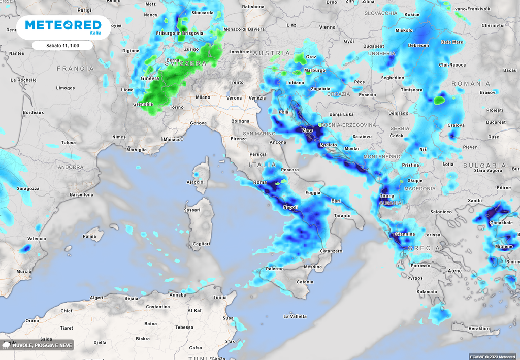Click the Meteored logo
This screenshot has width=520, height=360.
point(62,26)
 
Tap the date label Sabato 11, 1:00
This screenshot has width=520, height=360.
point(62,46)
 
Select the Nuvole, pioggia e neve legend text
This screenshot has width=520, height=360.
point(43,346)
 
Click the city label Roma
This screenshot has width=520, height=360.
point(259,182)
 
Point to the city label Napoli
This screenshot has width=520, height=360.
point(290,207)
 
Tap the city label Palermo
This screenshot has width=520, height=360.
point(275,268)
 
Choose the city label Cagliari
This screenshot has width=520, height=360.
point(202,244)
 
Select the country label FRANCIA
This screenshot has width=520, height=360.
point(76,68)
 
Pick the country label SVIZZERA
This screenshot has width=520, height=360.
point(186,64)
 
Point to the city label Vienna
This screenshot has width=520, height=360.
point(328,27)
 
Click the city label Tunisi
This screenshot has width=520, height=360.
point(220,297)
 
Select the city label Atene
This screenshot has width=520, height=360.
point(454,271)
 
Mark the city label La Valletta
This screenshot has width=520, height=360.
point(295,317)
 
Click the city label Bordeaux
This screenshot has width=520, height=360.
point(34,112)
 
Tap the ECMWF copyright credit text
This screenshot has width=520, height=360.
point(492,356)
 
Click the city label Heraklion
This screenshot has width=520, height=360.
point(479,329)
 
